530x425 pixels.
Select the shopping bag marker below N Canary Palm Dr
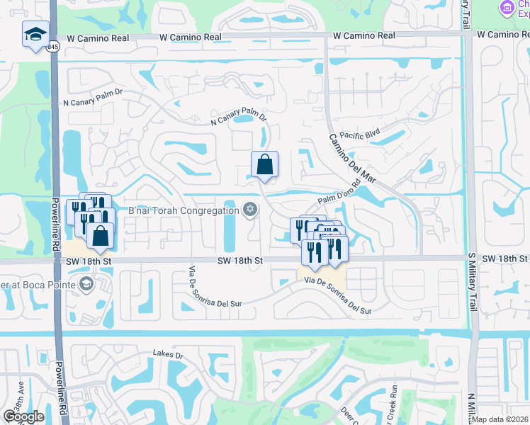(264, 165)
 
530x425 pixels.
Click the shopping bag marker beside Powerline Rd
(101, 236)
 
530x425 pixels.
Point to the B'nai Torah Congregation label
(183, 210)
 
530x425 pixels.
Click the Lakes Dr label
(168, 353)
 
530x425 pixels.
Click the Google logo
(23, 416)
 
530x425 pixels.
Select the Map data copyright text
(500, 419)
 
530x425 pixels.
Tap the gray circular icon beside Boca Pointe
(86, 285)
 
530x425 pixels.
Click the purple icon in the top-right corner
(506, 8)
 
